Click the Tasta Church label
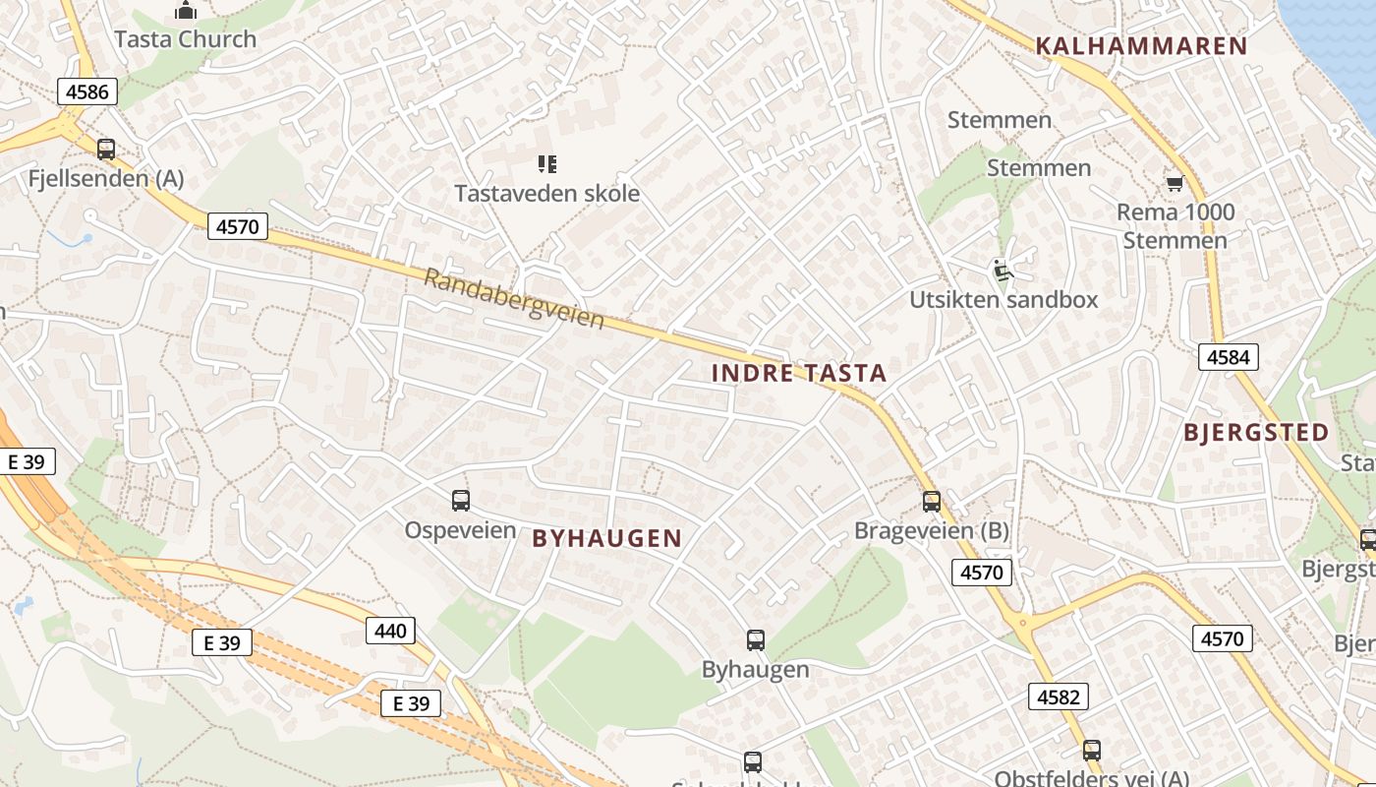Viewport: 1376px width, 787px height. (185, 39)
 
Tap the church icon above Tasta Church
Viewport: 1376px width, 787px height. (185, 11)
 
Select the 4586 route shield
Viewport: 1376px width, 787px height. (87, 93)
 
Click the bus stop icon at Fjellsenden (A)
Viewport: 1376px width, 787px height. (106, 150)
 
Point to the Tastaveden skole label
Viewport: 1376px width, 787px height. (546, 194)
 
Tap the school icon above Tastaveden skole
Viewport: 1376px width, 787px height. (546, 164)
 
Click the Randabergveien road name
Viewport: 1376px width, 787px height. (514, 298)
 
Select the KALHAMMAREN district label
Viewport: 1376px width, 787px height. (1141, 45)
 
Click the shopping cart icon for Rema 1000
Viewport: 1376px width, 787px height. (1174, 184)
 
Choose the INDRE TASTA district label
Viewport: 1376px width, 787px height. (798, 373)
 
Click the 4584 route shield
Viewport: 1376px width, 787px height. (1228, 357)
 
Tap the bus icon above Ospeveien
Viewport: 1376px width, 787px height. (461, 501)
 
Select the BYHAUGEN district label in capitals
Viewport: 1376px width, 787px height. (606, 538)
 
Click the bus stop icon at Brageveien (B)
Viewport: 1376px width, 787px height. (932, 502)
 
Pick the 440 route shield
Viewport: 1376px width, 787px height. (390, 631)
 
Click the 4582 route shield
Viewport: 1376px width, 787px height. (1059, 697)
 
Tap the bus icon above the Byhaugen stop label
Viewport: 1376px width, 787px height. (755, 640)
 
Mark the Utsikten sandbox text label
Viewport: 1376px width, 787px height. (1003, 300)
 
